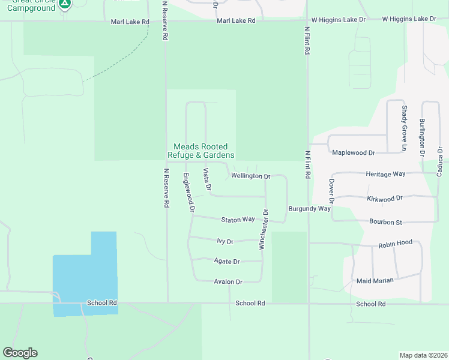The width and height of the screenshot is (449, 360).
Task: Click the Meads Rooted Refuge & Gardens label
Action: [200, 151]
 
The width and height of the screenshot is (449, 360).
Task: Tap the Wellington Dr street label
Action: [251, 176]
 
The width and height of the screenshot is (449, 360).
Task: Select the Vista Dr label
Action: [207, 180]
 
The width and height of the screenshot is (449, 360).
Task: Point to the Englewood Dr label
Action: [188, 193]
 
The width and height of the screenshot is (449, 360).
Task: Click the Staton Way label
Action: [238, 220]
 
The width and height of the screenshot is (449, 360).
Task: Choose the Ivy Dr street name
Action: [224, 241]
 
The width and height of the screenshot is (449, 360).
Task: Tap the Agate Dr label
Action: [227, 262]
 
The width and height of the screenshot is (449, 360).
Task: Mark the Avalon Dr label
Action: [228, 281]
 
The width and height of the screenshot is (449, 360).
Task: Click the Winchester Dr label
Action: [263, 229]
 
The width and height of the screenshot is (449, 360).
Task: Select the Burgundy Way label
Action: [310, 209]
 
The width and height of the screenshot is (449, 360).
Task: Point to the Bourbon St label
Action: [385, 222]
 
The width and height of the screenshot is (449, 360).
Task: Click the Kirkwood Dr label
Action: [384, 197]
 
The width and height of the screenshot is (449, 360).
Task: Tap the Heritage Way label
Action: [385, 174]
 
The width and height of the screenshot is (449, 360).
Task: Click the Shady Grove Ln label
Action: [405, 128]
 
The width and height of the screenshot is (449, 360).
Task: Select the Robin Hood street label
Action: [395, 243]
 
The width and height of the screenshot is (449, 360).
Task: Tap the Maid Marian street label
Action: [375, 281]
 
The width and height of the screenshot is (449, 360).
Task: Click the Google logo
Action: [20, 353]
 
